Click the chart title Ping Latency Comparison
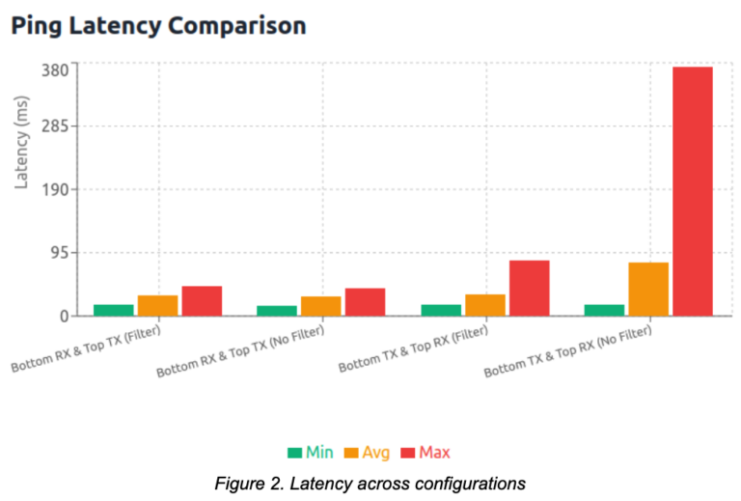pyautogui.click(x=158, y=26)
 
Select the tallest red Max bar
pyautogui.click(x=692, y=191)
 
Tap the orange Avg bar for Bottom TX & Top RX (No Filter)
pyautogui.click(x=648, y=289)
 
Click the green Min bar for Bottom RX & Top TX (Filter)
pyautogui.click(x=114, y=310)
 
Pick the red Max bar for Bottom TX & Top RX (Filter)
pyautogui.click(x=529, y=288)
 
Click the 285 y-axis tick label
pyautogui.click(x=54, y=125)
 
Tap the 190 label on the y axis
pyautogui.click(x=54, y=189)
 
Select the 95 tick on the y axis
pyautogui.click(x=58, y=253)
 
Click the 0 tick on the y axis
pyautogui.click(x=63, y=316)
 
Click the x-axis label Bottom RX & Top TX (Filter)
pyautogui.click(x=87, y=349)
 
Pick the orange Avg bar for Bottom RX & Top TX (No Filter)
pyautogui.click(x=321, y=306)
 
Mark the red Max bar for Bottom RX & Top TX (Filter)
pyautogui.click(x=202, y=300)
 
